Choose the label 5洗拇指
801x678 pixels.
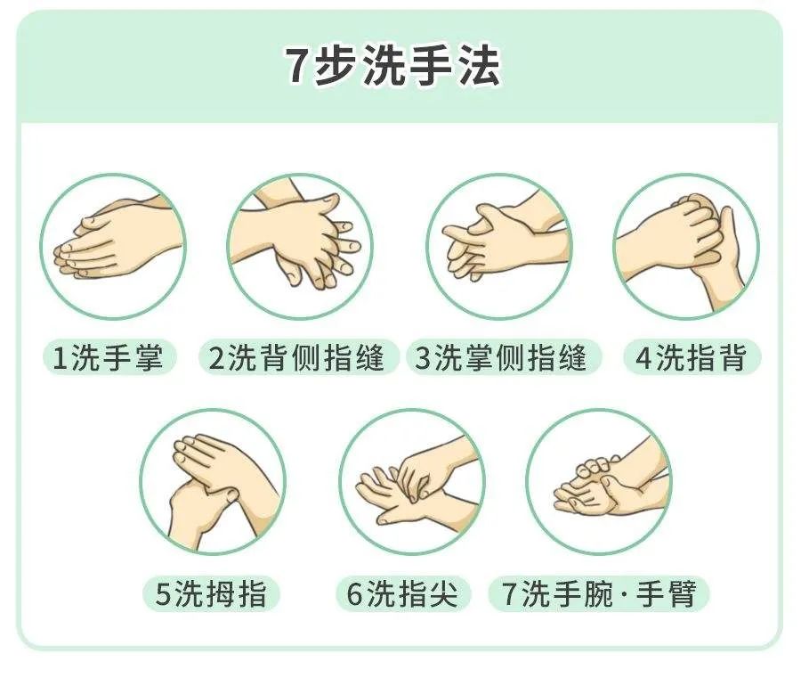click(x=211, y=593)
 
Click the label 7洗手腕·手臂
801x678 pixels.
click(x=598, y=593)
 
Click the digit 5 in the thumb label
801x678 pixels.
click(x=164, y=594)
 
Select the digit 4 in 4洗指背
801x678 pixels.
click(x=643, y=359)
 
